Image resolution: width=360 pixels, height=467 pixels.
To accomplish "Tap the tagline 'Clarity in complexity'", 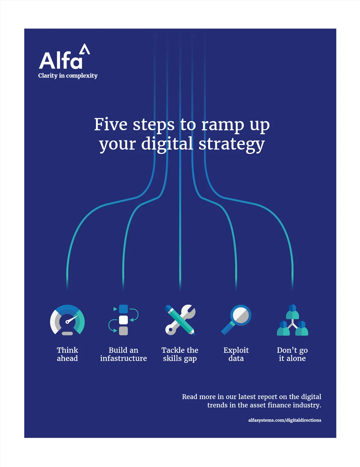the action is [68, 76].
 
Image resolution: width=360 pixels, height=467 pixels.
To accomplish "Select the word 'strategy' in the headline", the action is [232, 145].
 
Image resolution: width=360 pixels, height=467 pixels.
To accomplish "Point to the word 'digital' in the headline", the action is [167, 144].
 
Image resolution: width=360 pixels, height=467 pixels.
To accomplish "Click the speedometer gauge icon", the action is [67, 320].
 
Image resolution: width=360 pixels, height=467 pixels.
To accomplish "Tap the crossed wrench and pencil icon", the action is [180, 320].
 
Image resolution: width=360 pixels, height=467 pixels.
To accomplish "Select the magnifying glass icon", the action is [236, 320].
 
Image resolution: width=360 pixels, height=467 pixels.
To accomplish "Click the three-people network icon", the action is [292, 320].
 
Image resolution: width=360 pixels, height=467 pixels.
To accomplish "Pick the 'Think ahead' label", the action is [67, 354].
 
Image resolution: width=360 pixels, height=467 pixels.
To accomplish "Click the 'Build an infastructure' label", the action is [123, 354].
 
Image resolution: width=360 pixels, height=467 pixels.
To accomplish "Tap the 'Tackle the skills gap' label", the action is [180, 355].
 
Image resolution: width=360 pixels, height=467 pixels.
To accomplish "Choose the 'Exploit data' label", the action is [236, 355].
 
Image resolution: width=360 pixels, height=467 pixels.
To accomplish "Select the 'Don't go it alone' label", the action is [292, 355].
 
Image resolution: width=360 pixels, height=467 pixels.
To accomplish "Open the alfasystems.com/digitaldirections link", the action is [285, 420].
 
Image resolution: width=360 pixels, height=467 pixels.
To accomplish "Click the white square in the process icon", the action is [123, 320].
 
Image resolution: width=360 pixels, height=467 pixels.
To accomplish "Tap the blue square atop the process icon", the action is [123, 309].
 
